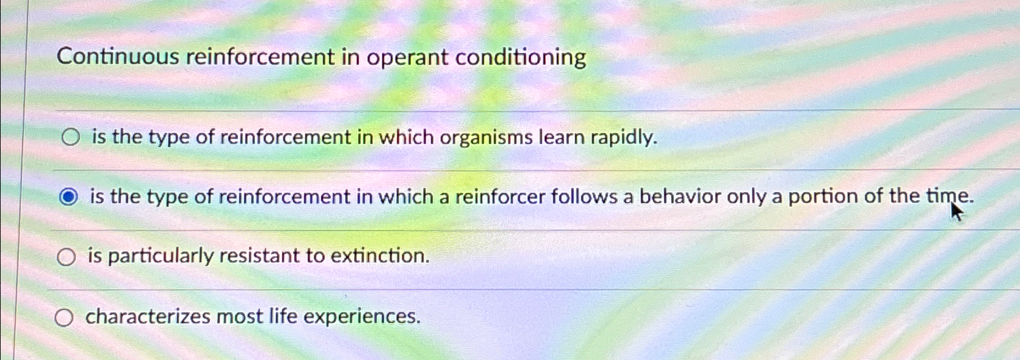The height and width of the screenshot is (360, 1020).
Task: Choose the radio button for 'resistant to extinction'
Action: pyautogui.click(x=66, y=257)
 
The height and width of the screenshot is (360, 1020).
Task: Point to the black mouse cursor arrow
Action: pyautogui.click(x=955, y=211)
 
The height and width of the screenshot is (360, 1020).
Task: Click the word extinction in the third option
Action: pyautogui.click(x=380, y=256)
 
